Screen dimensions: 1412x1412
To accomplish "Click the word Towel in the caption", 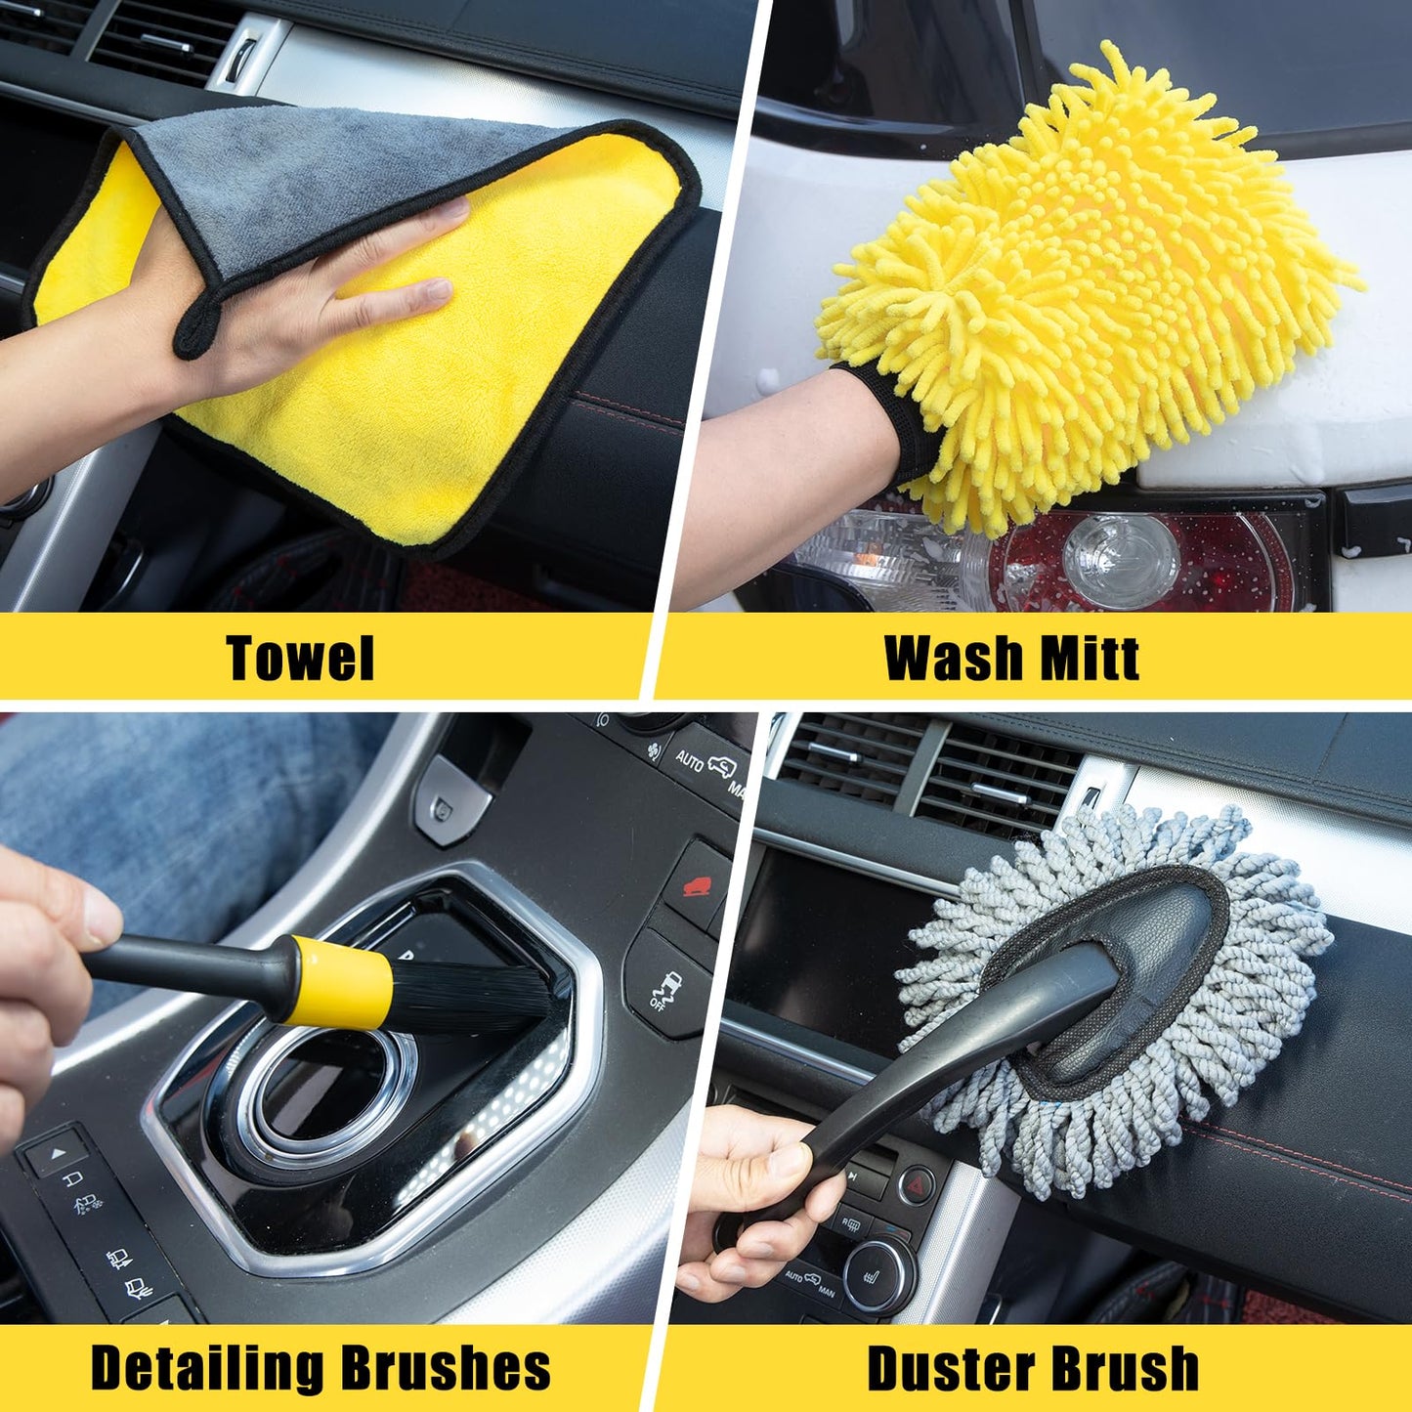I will [300, 658].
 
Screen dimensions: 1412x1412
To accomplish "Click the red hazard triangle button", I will [916, 1184].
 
